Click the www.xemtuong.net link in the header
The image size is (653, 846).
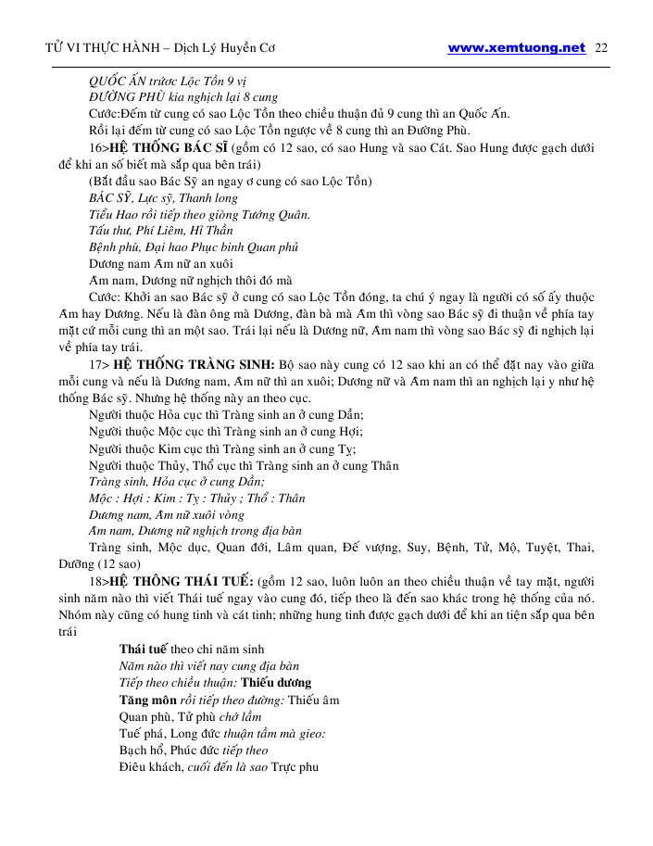[516, 48]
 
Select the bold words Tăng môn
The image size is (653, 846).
[148, 700]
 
